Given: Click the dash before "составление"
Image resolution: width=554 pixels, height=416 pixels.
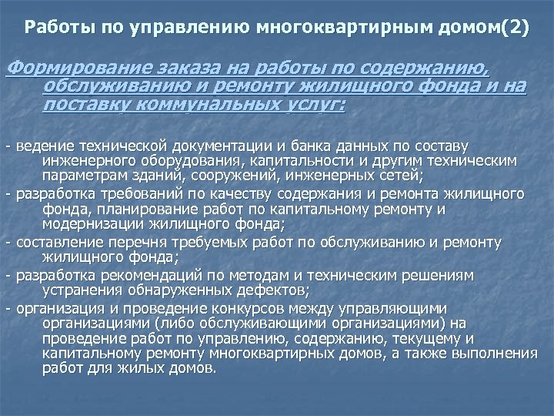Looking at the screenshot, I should pos(8,242).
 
